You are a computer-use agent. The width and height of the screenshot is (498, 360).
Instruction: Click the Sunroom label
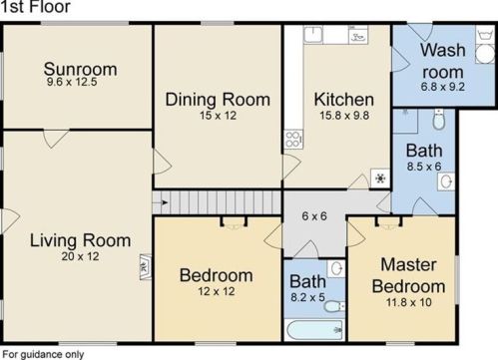pos(80,69)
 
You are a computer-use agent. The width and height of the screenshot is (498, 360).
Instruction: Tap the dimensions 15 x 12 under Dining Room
pos(218,116)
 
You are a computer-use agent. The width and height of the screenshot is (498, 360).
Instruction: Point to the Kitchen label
pos(344,100)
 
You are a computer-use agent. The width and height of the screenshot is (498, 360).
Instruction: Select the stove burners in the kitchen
pos(293,140)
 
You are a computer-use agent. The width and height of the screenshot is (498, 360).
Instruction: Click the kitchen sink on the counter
pos(312,35)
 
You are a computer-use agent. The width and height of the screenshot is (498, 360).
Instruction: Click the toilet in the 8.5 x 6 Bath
pos(439,120)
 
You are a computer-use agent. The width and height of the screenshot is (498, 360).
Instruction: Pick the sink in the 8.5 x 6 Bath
pos(446,181)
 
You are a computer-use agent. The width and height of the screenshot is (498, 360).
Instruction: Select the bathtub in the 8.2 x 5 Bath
pos(314,330)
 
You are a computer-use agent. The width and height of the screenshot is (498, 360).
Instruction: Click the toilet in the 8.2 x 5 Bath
pos(334,306)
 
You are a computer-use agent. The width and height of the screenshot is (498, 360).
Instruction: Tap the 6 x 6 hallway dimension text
pos(314,216)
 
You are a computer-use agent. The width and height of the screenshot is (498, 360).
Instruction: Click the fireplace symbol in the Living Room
pos(146,267)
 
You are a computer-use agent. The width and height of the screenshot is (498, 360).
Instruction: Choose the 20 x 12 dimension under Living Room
pos(80,256)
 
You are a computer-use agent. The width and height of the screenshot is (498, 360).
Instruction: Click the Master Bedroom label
pos(408,275)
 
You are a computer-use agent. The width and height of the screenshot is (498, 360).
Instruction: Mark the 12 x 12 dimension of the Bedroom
pos(217,291)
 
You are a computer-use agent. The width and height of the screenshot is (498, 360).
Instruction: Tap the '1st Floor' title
pos(35,7)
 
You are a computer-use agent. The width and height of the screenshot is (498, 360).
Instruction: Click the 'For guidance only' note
pos(43,354)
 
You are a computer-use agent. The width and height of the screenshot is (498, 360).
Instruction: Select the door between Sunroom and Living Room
pos(56,139)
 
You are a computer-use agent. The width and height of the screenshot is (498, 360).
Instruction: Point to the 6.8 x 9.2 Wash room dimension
pos(442,87)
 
